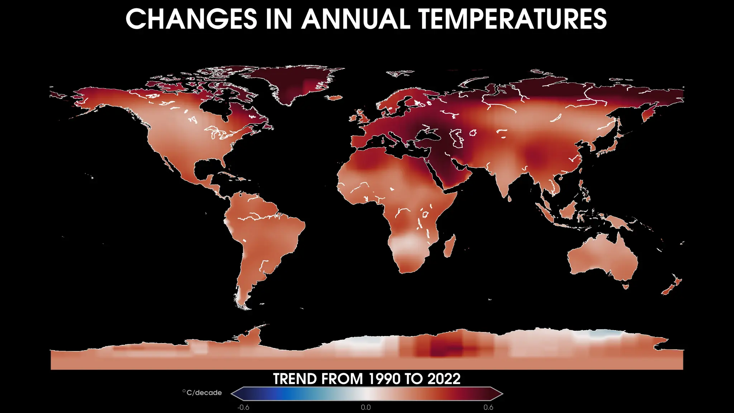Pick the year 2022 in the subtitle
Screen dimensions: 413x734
point(444,379)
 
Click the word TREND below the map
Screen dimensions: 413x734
point(295,379)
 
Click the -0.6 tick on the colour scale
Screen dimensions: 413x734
point(243,407)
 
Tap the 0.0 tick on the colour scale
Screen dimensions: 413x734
point(366,407)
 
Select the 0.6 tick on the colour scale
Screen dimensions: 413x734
point(488,407)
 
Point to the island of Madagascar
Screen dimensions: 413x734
point(450,246)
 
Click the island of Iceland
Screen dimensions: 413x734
point(335,98)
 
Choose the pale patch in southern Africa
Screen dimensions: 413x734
point(407,244)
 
